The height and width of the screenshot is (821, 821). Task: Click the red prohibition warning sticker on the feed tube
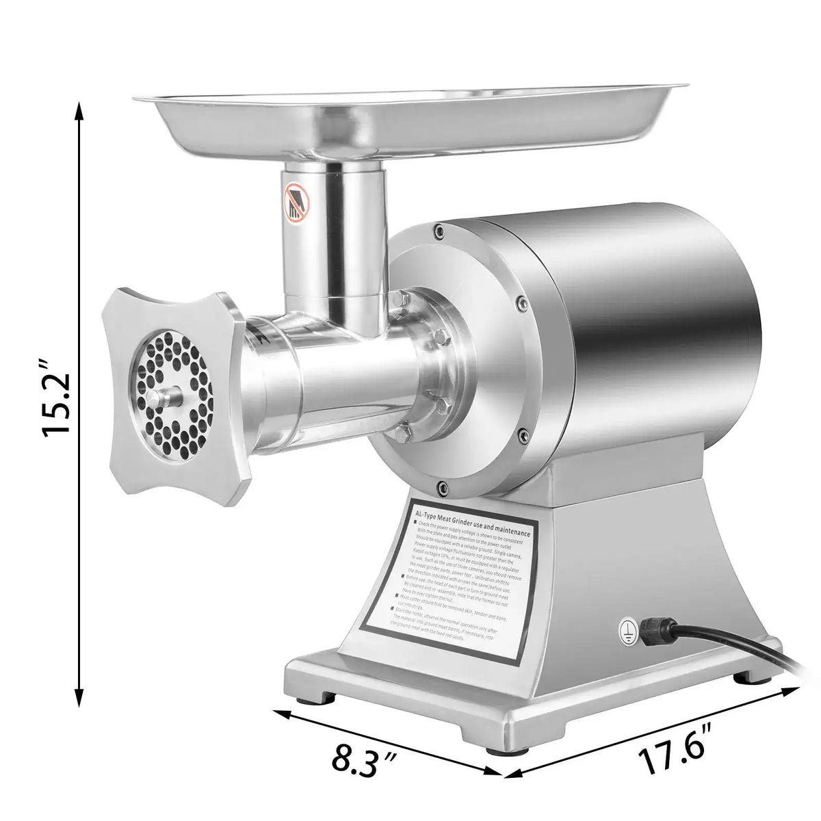(x=296, y=203)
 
